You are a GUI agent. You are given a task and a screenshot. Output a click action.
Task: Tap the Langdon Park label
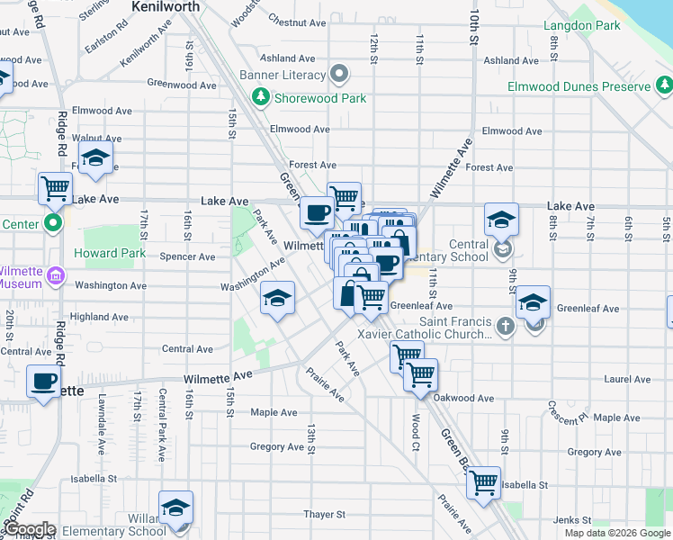click(x=582, y=25)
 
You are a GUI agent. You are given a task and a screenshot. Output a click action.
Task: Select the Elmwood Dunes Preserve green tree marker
click(x=666, y=86)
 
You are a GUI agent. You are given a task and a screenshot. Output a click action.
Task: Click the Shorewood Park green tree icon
click(x=261, y=97)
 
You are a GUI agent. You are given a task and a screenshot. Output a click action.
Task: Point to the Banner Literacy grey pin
click(x=339, y=73)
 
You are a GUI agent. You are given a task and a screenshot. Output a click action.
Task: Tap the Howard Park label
click(x=110, y=253)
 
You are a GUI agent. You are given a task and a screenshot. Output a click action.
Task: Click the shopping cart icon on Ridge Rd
click(x=56, y=188)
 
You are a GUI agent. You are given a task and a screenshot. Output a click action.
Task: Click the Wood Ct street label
click(x=415, y=433)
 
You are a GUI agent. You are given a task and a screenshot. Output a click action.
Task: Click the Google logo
click(x=29, y=530)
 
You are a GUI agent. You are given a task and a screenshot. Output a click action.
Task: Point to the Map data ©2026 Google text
click(x=616, y=533)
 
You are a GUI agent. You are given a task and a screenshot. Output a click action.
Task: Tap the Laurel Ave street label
click(x=628, y=380)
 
